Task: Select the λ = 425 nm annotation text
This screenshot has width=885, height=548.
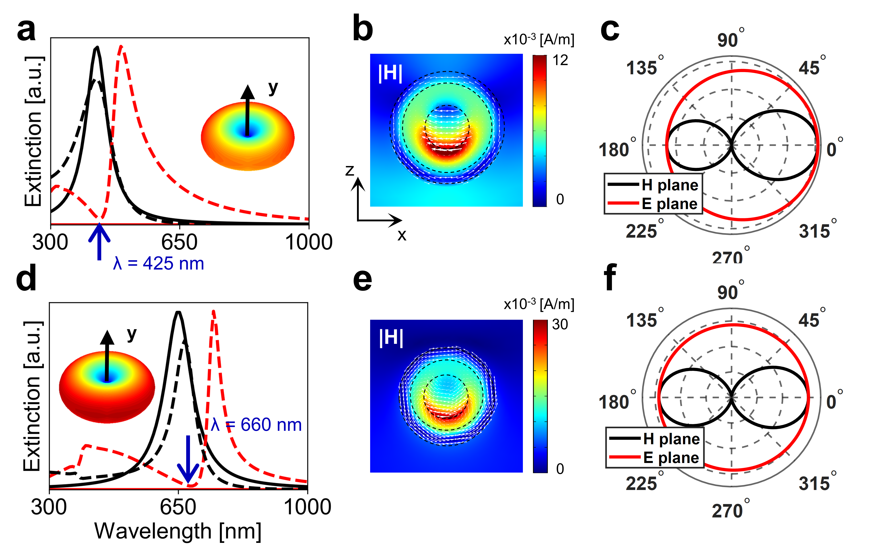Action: point(159,264)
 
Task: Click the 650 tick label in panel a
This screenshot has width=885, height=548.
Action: point(179,242)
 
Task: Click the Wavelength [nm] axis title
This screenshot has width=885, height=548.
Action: point(178,531)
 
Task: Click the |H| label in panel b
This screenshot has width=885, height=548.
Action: point(390,74)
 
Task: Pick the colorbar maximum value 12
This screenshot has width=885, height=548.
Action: point(560,60)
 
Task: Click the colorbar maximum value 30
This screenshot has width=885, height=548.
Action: point(560,325)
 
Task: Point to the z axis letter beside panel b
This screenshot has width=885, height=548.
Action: point(349,170)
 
